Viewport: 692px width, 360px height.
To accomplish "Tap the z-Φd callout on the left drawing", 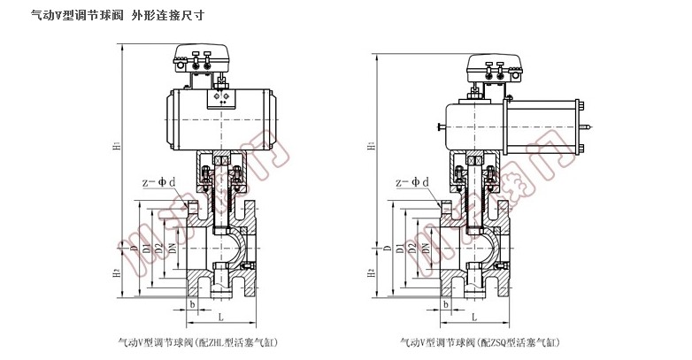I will tap(159, 182).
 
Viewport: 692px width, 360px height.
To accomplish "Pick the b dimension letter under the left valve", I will tap(191, 303).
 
